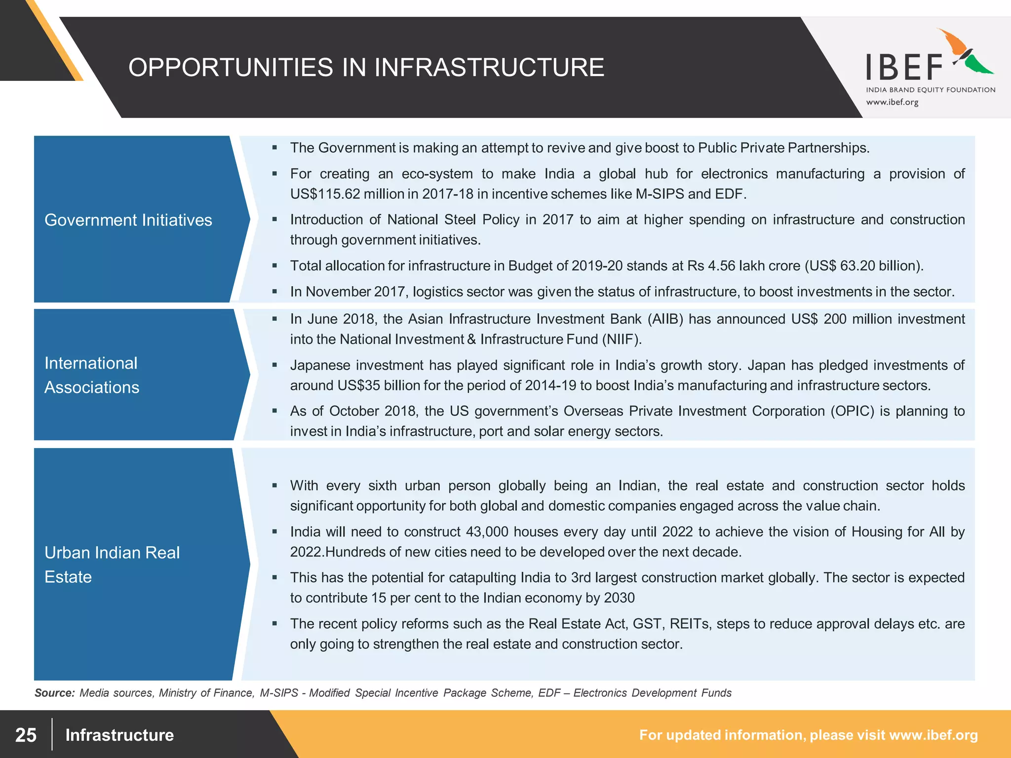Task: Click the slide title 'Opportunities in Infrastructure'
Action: (x=366, y=68)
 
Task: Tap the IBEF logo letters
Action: (x=904, y=68)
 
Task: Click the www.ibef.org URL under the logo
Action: (x=892, y=102)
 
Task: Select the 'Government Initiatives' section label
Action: (x=128, y=220)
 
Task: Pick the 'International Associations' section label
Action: (x=92, y=375)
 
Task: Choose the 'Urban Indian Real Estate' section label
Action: (x=112, y=565)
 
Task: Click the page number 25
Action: (x=26, y=735)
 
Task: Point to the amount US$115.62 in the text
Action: (x=325, y=194)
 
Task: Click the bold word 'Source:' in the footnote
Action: (x=54, y=693)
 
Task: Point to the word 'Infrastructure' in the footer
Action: (x=119, y=735)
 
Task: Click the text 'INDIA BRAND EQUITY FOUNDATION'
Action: (x=931, y=90)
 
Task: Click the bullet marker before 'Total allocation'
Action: (x=275, y=266)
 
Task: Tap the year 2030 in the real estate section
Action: (x=619, y=598)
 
